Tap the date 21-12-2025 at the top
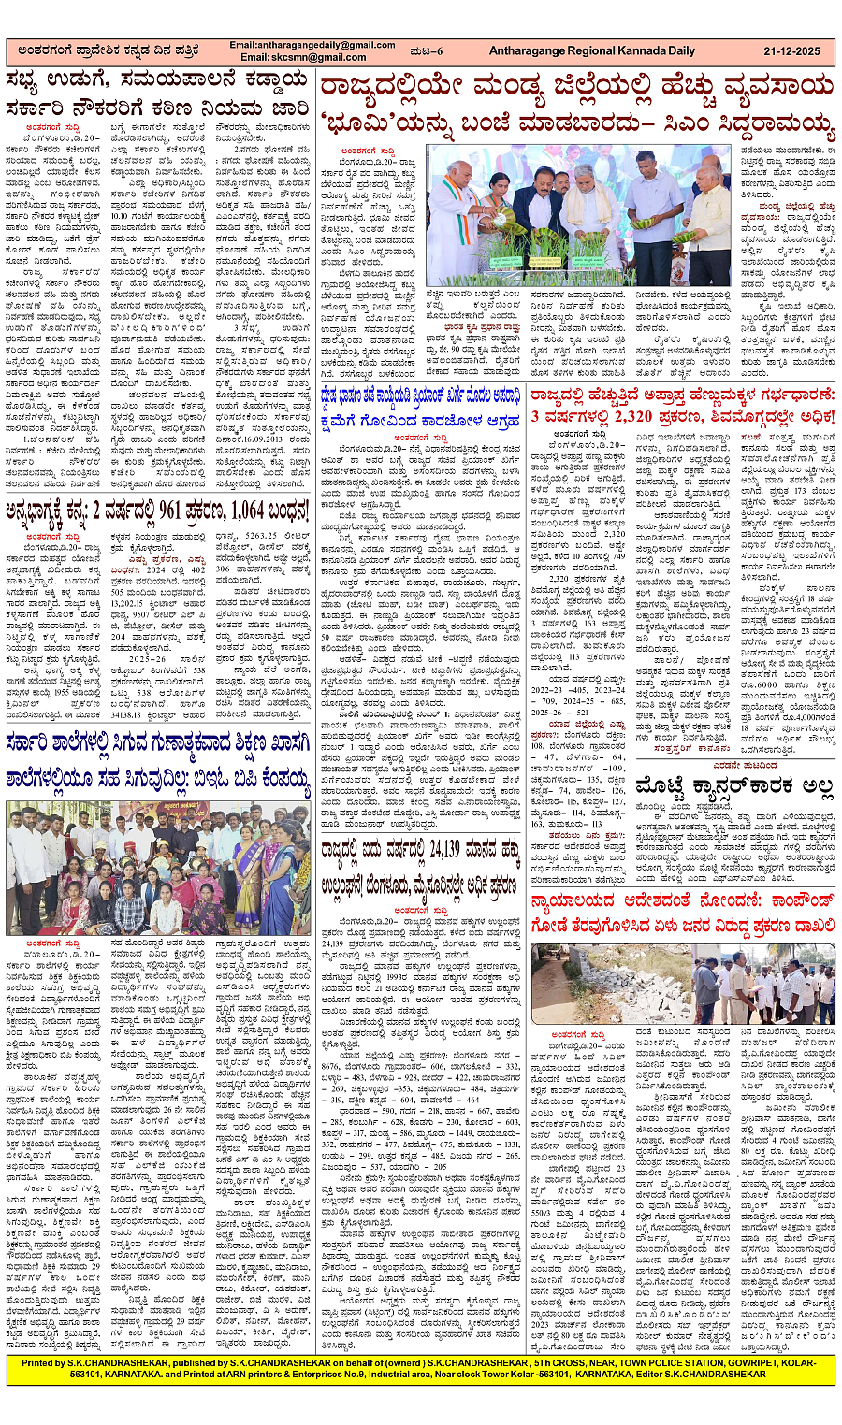pyautogui.click(x=794, y=50)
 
